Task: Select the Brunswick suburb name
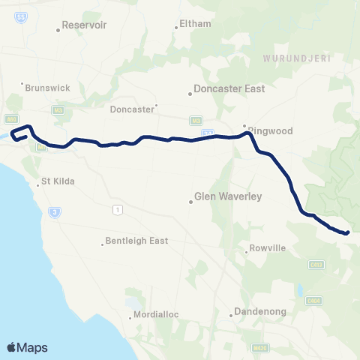pyautogui.click(x=47, y=88)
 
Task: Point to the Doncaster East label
pyautogui.click(x=229, y=88)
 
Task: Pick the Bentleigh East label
pyautogui.click(x=139, y=241)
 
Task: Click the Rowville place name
pyautogui.click(x=266, y=250)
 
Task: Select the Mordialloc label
pyautogui.click(x=156, y=314)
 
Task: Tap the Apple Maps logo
pyautogui.click(x=27, y=347)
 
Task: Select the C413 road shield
pyautogui.click(x=316, y=263)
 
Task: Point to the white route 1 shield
pyautogui.click(x=116, y=208)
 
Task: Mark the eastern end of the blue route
pyautogui.click(x=347, y=232)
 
